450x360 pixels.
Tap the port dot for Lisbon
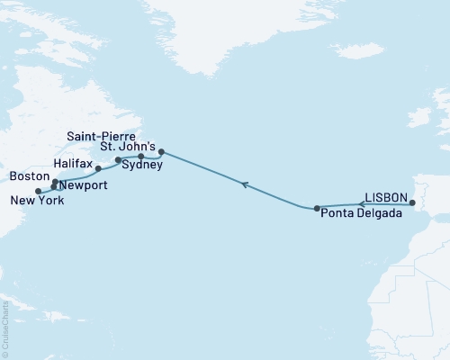[412, 203]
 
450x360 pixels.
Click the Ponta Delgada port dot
[317, 209]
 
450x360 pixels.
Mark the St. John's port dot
[161, 139]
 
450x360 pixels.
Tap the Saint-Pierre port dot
[141, 157]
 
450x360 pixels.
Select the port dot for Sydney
[118, 160]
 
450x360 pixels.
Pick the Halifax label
[72, 165]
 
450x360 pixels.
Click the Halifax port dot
[98, 168]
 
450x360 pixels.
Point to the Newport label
[84, 185]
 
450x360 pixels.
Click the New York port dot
[37, 191]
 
